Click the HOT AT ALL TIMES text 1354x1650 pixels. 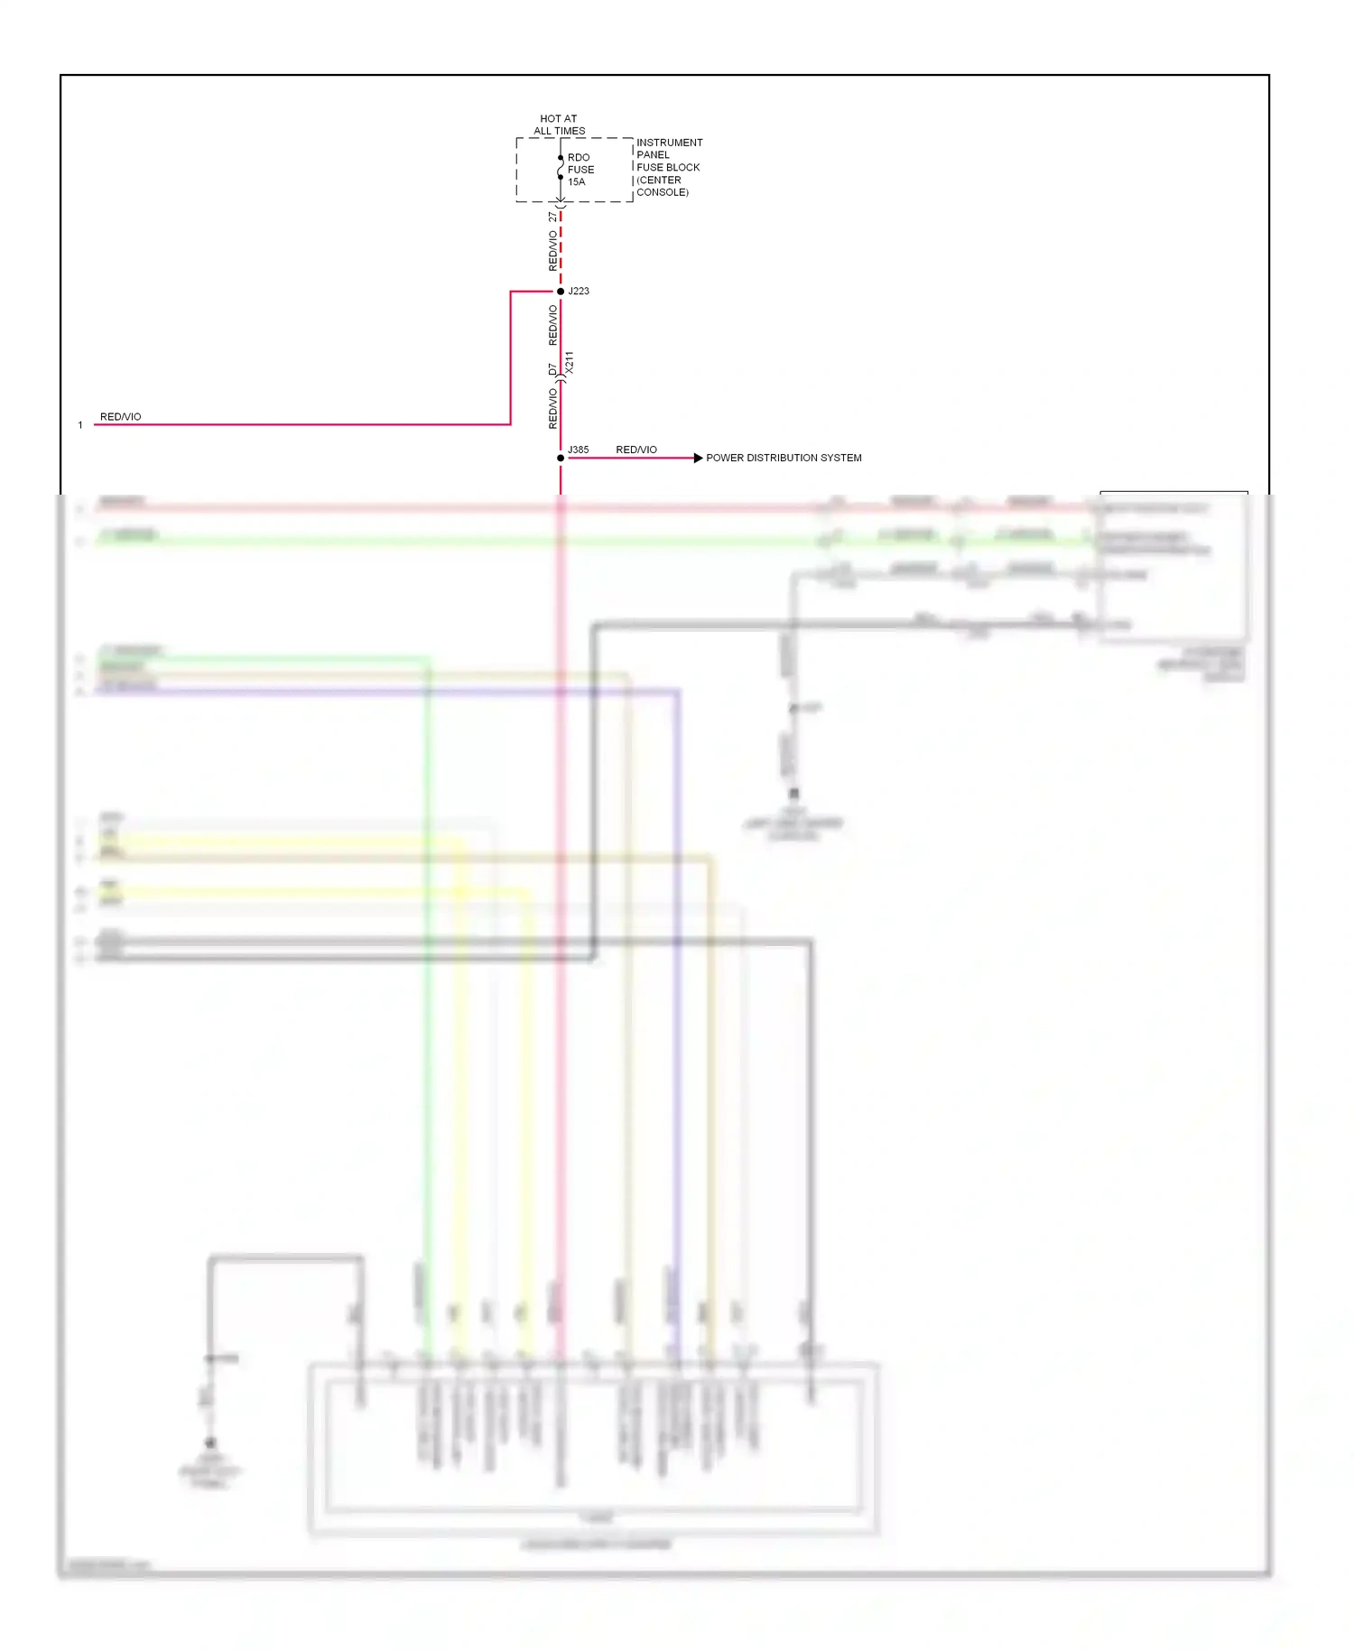(x=559, y=125)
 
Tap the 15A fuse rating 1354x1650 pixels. (x=576, y=182)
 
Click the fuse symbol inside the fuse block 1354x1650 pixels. (x=561, y=168)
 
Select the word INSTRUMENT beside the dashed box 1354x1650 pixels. (x=669, y=143)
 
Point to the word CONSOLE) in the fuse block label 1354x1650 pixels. (x=663, y=192)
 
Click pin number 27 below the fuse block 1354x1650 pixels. (x=552, y=217)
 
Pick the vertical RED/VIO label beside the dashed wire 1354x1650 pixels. (x=552, y=251)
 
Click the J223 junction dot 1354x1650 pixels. (x=561, y=292)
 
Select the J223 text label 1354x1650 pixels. (x=579, y=291)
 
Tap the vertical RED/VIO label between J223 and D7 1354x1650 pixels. (x=552, y=325)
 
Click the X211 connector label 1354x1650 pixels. (x=570, y=363)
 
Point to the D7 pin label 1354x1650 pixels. (x=552, y=369)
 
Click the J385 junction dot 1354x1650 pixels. (x=561, y=458)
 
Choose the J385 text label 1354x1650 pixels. (x=578, y=450)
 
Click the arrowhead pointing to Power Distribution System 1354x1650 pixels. (x=698, y=458)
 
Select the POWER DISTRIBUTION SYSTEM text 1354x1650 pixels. (x=784, y=458)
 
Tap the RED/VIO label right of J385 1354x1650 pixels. (x=636, y=450)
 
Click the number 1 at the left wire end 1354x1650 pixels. (x=80, y=425)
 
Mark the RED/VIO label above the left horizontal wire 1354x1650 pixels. (x=120, y=417)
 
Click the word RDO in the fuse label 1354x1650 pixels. (x=579, y=158)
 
